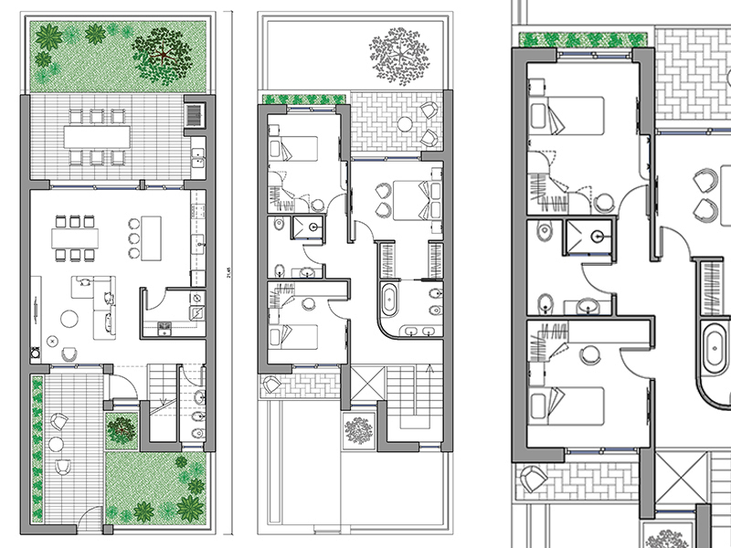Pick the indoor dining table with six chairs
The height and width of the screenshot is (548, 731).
click(75, 236)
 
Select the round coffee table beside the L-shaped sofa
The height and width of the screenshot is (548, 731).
click(69, 318)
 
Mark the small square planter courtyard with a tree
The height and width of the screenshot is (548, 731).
click(121, 427)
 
